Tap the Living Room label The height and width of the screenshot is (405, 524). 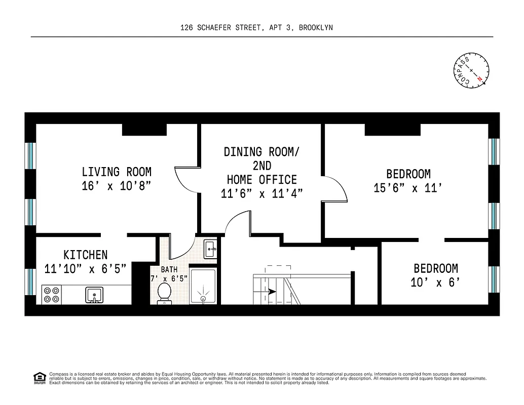pos(117,172)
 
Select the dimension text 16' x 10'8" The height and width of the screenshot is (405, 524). pos(117,186)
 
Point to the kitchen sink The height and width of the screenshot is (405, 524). pos(94,294)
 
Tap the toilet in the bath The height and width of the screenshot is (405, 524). pos(164,293)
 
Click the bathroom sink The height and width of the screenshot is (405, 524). pos(210,249)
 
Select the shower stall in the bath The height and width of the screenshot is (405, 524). pos(203,287)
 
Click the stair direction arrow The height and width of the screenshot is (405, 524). pos(271,292)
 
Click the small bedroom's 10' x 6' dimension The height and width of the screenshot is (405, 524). pos(435,282)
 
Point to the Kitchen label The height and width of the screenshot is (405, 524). pos(85,255)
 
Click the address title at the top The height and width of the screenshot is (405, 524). pos(256,28)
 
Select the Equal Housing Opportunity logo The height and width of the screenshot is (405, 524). pos(39,377)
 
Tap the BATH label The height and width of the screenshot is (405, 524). pos(169,270)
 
